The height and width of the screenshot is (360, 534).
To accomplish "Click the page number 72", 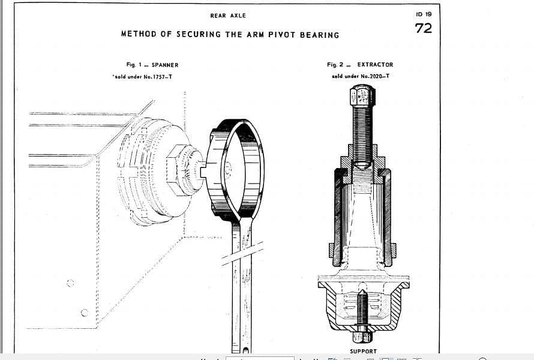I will [423, 28].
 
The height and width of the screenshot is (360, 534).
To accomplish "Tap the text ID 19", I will [423, 14].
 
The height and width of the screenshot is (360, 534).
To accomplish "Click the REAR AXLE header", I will [228, 16].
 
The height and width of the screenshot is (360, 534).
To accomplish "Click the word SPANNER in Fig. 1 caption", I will [165, 65].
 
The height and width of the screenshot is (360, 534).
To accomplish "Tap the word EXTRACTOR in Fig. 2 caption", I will [375, 64].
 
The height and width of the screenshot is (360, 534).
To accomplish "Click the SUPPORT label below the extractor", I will [364, 351].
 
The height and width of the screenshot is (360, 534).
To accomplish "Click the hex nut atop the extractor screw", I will [362, 95].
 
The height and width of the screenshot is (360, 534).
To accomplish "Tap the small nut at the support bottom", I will [362, 336].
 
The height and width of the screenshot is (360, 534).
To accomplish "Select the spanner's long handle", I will [242, 288].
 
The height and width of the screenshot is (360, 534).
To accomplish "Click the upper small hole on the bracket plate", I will [70, 283].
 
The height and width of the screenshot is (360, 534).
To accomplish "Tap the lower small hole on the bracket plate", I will [84, 312].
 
